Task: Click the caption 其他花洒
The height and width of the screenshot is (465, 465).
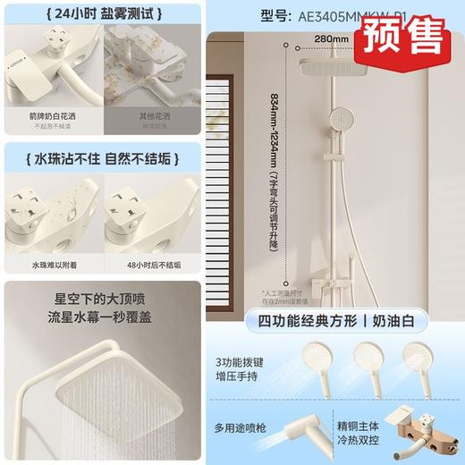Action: [152, 116]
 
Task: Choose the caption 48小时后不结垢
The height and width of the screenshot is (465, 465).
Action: [152, 265]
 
